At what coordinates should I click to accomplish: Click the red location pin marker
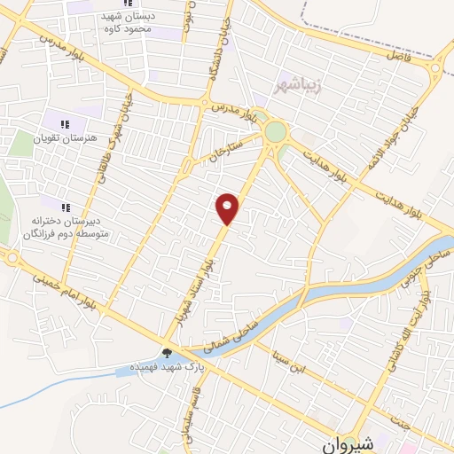228,208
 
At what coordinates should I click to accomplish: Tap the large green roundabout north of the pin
276,133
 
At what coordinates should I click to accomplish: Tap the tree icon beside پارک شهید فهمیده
166,353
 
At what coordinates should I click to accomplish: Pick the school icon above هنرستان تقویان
64,124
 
